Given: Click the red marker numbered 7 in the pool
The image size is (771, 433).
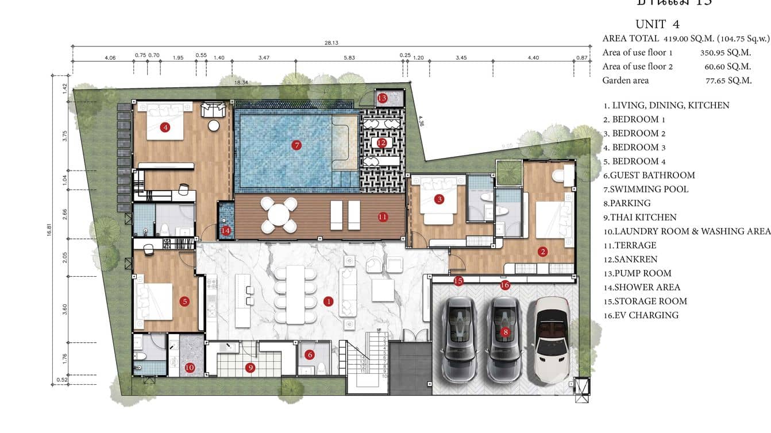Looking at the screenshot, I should pyautogui.click(x=296, y=145).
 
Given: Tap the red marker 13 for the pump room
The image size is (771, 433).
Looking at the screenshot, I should pyautogui.click(x=382, y=98).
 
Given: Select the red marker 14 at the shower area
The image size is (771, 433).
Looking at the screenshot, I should pyautogui.click(x=226, y=230).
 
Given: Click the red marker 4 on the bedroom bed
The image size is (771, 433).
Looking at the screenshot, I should pyautogui.click(x=165, y=127).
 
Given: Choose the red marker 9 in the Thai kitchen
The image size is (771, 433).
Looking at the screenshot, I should pyautogui.click(x=250, y=368).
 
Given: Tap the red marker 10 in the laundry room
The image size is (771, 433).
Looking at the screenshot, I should pyautogui.click(x=190, y=368).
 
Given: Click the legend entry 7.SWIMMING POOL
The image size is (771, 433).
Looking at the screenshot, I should pyautogui.click(x=645, y=189).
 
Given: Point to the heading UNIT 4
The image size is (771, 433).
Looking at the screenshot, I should pyautogui.click(x=657, y=24).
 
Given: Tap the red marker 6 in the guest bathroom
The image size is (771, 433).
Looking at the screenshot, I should pyautogui.click(x=310, y=355).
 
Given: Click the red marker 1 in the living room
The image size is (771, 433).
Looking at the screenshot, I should pyautogui.click(x=328, y=301).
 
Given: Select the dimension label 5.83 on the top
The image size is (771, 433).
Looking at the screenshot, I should pyautogui.click(x=349, y=57).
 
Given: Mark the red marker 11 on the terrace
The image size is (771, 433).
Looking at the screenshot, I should pyautogui.click(x=383, y=216).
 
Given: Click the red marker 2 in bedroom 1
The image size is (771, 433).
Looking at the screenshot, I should pyautogui.click(x=542, y=252).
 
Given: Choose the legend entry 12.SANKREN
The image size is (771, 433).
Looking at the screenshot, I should pyautogui.click(x=630, y=259).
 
